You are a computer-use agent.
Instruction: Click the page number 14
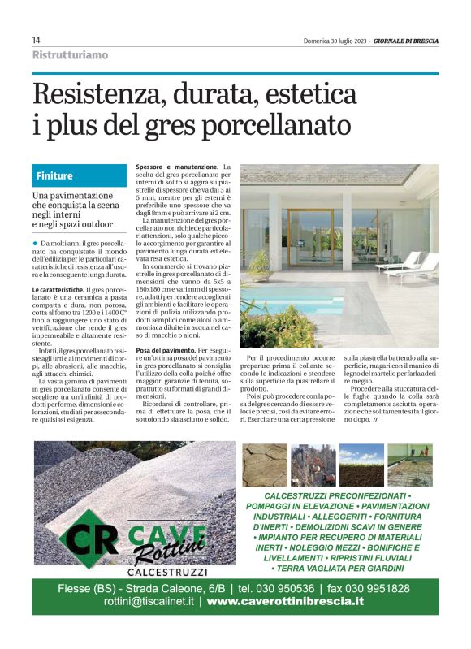click(x=37, y=40)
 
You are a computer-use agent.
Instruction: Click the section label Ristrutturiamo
click(x=70, y=55)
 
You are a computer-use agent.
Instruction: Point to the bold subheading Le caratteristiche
click(x=58, y=289)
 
